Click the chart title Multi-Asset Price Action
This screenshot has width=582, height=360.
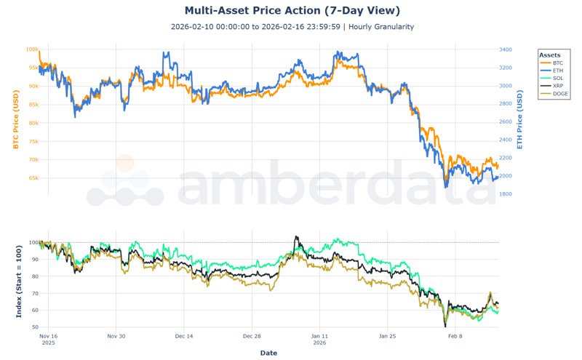point(292,11)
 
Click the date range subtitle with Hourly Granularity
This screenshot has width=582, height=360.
point(292,27)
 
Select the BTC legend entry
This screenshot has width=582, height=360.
point(557,63)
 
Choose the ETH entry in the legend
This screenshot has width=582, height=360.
point(557,71)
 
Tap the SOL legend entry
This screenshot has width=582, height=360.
point(557,79)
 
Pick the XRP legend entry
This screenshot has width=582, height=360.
point(557,86)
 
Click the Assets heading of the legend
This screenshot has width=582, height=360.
point(549,55)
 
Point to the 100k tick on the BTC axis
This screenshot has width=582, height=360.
point(32,49)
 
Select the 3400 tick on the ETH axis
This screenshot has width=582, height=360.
point(505,49)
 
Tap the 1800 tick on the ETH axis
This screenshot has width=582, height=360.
point(505,194)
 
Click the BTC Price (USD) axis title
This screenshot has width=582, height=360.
point(15,121)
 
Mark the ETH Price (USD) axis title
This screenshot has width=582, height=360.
point(519,121)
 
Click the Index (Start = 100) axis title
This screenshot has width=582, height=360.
point(19,281)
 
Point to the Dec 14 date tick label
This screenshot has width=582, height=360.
point(184,337)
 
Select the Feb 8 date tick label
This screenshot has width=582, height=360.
point(455,337)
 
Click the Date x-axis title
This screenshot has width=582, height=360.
point(268,353)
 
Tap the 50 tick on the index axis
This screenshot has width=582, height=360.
point(33,327)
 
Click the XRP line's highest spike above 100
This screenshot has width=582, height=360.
point(295,237)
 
